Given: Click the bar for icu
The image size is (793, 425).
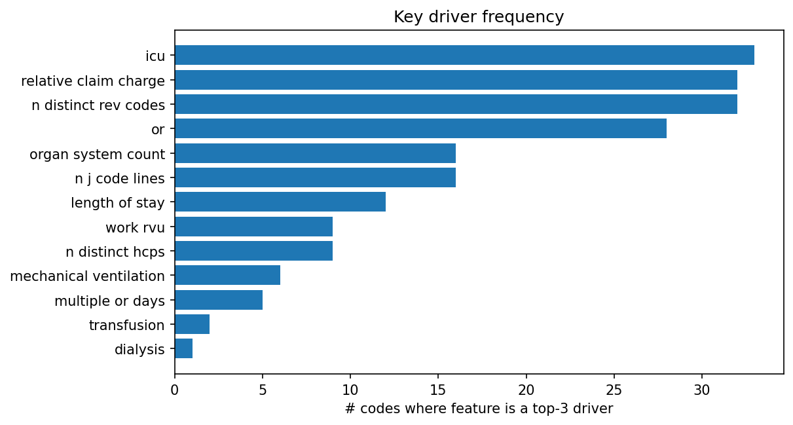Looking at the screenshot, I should (464, 55).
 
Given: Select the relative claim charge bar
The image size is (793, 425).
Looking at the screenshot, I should (456, 80).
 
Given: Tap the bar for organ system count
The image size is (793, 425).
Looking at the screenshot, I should (315, 153).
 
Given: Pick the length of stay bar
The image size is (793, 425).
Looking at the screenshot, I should (280, 202).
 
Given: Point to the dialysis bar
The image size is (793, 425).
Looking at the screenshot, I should (184, 348).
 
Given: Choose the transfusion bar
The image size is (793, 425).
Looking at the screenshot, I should (193, 324).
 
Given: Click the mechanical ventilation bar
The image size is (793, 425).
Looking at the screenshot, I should (227, 275).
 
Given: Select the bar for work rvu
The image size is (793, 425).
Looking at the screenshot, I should (253, 227).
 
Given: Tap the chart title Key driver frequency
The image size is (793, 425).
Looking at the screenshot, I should (479, 17).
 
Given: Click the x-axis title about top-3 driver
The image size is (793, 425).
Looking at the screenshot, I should (479, 409).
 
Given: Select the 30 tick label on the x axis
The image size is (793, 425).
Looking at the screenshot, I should (702, 390).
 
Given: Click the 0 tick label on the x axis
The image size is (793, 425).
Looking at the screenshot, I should (175, 390).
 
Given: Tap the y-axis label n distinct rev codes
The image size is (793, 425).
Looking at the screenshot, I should (98, 105).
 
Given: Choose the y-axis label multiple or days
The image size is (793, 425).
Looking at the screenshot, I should (109, 301).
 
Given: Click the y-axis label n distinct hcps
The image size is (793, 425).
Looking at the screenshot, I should (115, 251).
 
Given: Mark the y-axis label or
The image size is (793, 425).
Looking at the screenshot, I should (158, 129).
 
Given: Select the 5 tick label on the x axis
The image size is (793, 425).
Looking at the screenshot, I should (263, 390).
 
